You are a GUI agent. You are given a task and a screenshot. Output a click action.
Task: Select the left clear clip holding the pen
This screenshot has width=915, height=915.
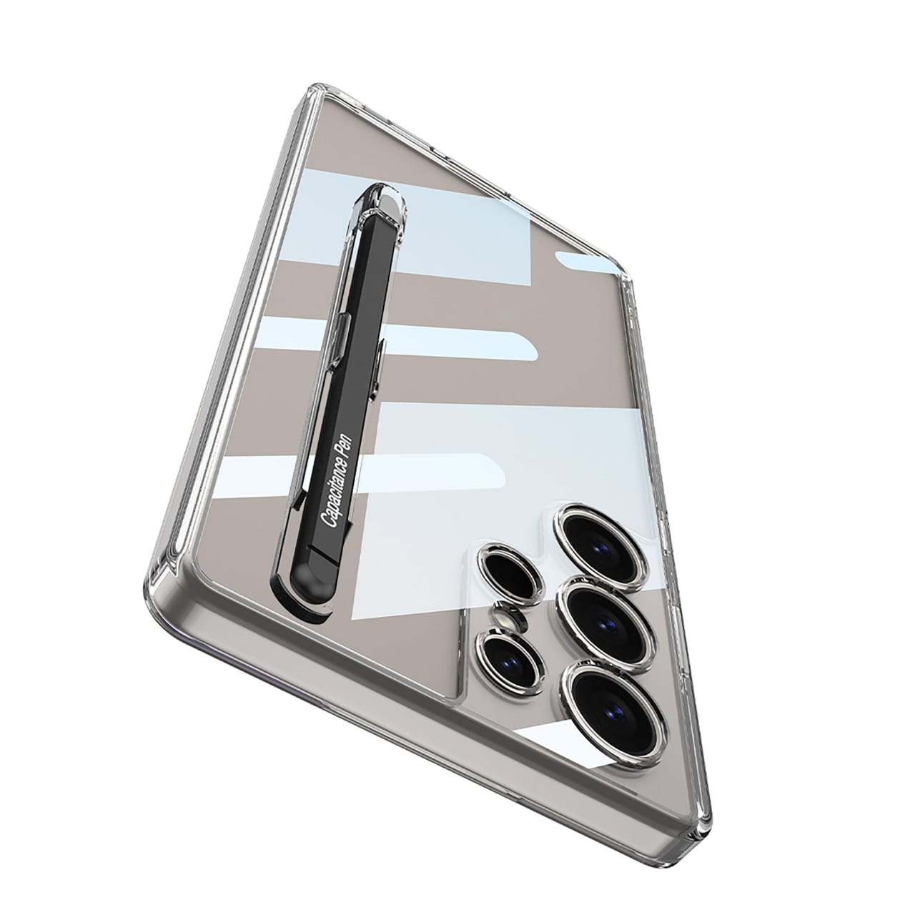[x=342, y=336]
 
